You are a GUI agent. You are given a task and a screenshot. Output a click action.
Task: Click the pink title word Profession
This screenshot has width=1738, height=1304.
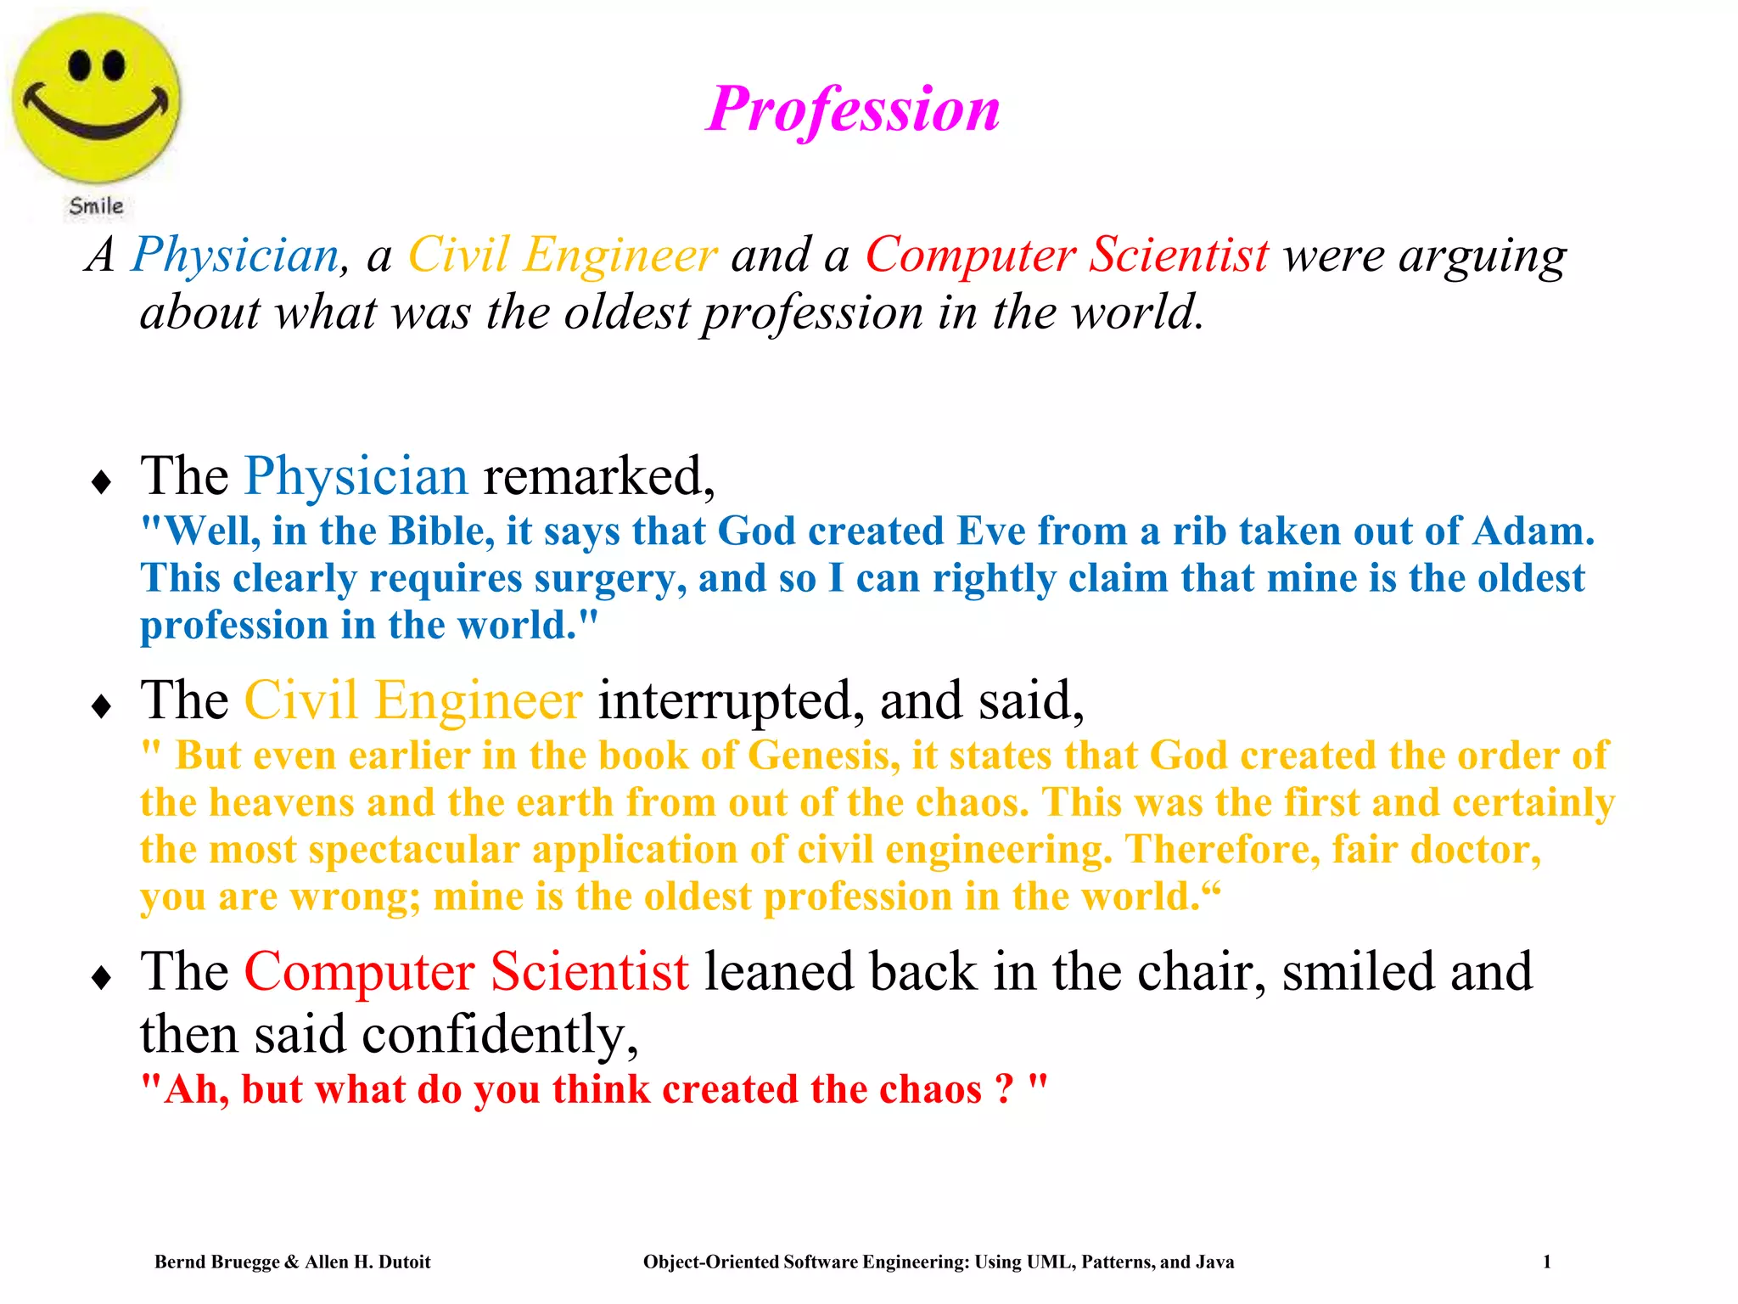(853, 110)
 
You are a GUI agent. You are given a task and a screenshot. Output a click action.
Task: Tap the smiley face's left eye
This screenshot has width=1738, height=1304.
(80, 65)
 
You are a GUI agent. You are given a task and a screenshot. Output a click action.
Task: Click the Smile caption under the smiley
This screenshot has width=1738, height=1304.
(96, 206)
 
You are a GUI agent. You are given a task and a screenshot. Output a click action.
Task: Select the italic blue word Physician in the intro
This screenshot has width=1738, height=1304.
(236, 255)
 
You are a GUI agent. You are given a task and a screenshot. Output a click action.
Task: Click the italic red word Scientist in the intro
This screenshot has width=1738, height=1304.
(1179, 255)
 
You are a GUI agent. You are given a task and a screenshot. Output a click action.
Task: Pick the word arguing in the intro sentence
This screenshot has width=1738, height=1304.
(1482, 255)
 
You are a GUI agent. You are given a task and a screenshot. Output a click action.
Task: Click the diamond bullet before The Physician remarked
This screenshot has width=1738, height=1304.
(102, 482)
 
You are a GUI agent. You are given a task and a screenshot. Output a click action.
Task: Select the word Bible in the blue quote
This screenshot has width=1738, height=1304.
(441, 531)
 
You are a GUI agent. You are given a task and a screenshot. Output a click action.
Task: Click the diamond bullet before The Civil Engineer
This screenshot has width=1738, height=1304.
(102, 706)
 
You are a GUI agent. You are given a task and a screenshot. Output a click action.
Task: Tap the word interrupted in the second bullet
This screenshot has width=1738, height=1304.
(731, 700)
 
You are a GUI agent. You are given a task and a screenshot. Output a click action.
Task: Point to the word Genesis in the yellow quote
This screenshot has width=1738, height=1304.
(822, 756)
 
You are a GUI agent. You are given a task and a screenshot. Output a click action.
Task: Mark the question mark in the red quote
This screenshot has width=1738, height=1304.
(1004, 1089)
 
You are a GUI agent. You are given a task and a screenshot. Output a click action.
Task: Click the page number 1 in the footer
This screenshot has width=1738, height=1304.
(1546, 1262)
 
